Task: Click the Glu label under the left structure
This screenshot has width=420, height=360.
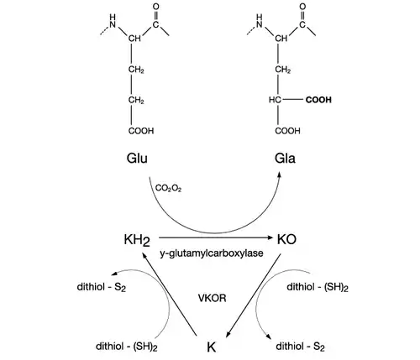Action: tap(137, 159)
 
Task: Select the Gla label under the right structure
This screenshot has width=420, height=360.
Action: tap(285, 159)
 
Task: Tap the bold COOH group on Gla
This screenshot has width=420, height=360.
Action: tap(318, 100)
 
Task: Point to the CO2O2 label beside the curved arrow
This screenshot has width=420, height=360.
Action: tap(168, 189)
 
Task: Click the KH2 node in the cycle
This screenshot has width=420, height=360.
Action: tap(137, 240)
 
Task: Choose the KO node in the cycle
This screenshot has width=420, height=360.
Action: tap(286, 239)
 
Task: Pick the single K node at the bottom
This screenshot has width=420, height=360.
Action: tap(212, 347)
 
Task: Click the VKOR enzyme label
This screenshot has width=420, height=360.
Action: tap(212, 298)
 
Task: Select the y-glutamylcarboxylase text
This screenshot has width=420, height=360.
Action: tap(212, 253)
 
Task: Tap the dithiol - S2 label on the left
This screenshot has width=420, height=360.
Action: tap(102, 287)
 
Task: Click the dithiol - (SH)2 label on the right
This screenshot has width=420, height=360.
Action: tap(318, 287)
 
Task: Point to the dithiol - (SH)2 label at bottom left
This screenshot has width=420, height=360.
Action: tap(127, 347)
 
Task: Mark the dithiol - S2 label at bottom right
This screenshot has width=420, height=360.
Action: tap(300, 347)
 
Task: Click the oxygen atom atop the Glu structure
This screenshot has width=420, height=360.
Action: tap(156, 7)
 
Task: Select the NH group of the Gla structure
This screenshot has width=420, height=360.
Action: tap(260, 21)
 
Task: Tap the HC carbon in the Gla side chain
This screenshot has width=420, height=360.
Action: tap(275, 100)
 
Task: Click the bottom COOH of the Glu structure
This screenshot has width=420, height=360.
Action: tap(141, 131)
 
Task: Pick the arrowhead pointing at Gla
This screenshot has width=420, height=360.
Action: tap(279, 175)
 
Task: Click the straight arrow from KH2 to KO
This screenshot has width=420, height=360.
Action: tap(216, 237)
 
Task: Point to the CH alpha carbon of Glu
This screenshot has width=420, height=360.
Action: tap(134, 39)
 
